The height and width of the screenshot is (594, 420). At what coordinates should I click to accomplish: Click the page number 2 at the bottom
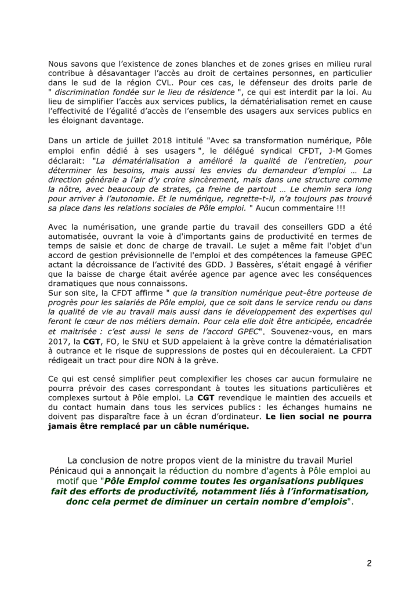click(368, 563)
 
